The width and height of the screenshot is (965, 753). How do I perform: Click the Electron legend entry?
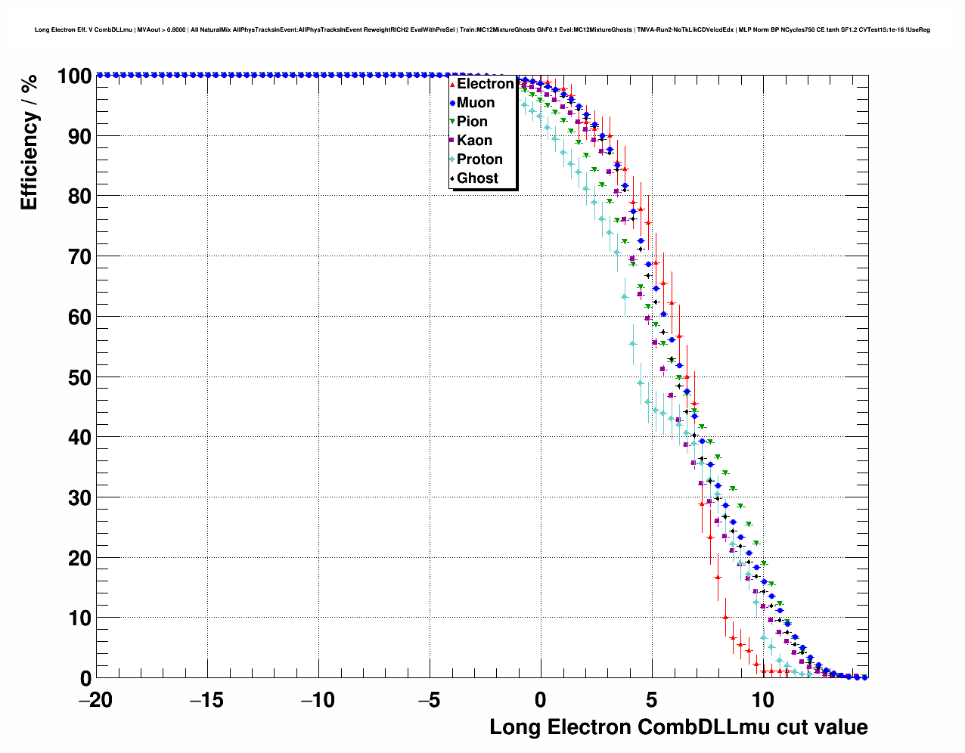(485, 84)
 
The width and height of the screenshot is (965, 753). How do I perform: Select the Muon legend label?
(476, 103)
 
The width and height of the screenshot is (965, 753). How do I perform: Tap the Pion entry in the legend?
(472, 122)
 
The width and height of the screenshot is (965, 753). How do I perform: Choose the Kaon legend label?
(474, 141)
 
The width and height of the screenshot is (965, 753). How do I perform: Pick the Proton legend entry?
(479, 160)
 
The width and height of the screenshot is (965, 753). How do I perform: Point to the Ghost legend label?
(477, 178)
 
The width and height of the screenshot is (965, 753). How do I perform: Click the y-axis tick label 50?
(75, 377)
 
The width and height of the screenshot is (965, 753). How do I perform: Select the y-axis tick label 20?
(75, 558)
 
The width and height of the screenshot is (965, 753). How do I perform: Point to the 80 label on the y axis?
(75, 197)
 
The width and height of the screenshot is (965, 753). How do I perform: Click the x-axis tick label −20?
(95, 700)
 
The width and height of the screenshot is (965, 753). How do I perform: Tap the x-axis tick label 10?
(762, 700)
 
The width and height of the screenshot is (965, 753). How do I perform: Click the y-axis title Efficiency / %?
(29, 143)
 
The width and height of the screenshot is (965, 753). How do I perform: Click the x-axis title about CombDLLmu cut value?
(678, 727)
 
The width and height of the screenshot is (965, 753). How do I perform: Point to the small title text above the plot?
(482, 29)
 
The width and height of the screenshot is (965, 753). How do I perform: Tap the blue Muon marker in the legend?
(452, 103)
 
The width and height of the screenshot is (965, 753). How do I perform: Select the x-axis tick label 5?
(651, 700)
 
